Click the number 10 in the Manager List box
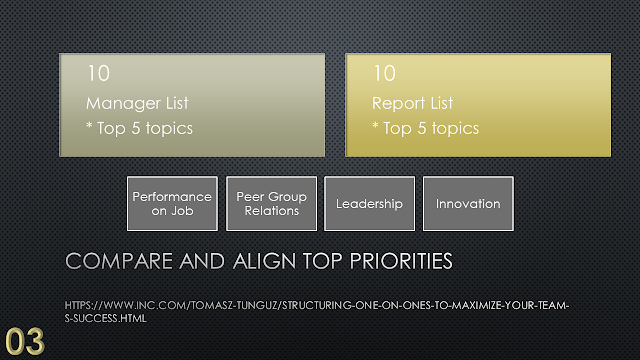coord(98,73)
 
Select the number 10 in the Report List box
coord(384,73)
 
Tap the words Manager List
coord(137,103)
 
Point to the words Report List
coord(412,103)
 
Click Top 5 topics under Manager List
coord(144,129)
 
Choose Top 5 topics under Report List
coord(431,129)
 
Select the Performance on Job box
coord(172,204)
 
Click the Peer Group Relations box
coord(271,204)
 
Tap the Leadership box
coord(369,204)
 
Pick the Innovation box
coord(468,204)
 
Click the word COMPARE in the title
coord(119,261)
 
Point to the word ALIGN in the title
coord(264,261)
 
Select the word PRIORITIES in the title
coord(401,261)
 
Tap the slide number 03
coord(24,342)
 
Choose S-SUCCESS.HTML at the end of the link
coord(105,318)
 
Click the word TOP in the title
coord(322,261)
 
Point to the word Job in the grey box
coord(182,211)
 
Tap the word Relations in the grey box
coord(272,211)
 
